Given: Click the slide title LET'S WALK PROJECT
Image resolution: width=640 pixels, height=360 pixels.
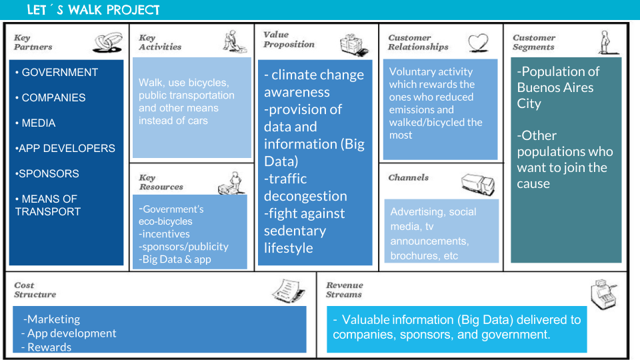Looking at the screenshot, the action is tap(93, 10).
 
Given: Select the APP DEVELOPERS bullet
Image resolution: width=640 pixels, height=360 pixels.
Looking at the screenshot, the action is tap(65, 148).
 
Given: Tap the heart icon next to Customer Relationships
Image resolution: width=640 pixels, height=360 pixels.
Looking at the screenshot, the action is tap(478, 43).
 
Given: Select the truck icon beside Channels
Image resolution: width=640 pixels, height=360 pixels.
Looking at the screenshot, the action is tap(478, 184).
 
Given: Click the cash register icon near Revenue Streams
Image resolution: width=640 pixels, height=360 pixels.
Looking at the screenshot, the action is tap(603, 294).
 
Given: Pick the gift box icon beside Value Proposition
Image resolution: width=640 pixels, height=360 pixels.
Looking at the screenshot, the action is tap(354, 45).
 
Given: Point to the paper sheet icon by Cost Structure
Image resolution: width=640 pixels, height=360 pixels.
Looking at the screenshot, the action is tap(289, 291).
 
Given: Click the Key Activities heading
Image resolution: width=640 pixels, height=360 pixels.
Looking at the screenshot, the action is tap(160, 42).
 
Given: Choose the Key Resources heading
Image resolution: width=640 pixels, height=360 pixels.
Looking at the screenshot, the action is tap(161, 182).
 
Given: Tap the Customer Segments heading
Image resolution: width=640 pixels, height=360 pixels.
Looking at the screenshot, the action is tap(534, 42).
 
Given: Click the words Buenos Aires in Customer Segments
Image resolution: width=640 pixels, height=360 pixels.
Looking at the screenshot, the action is tap(555, 87).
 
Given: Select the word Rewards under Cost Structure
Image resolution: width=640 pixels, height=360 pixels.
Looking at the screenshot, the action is tap(49, 347).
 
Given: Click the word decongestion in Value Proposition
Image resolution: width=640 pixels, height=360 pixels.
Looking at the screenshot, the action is tap(305, 196).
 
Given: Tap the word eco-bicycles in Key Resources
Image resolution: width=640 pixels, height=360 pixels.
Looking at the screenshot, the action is tap(165, 221).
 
